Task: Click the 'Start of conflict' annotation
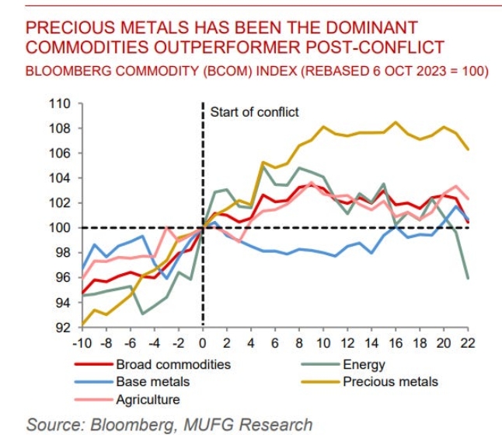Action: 254,112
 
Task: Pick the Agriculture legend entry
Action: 148,399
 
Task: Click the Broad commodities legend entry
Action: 173,363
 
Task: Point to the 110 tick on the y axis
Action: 60,103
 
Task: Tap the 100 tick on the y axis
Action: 60,228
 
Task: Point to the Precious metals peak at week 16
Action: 396,122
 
